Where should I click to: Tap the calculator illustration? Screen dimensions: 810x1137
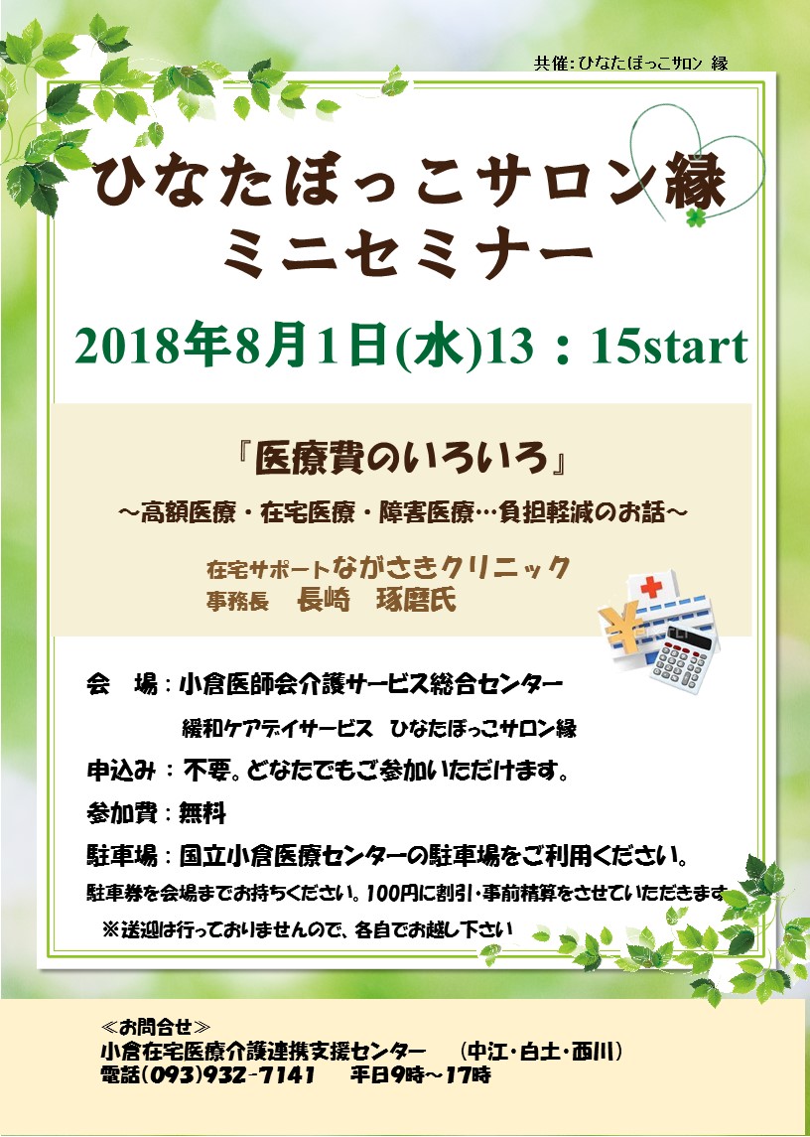tap(681, 658)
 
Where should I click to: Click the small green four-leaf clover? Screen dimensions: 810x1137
tap(696, 216)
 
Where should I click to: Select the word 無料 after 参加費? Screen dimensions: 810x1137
tap(203, 813)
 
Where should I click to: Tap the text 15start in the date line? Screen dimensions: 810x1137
tap(669, 347)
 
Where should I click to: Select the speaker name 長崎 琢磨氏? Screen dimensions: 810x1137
tap(377, 600)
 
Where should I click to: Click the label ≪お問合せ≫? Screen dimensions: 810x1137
tap(157, 1027)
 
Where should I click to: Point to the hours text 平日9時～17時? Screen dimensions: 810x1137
tap(421, 1074)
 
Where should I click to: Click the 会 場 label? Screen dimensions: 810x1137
tap(122, 684)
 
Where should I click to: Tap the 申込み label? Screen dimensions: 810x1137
tap(121, 771)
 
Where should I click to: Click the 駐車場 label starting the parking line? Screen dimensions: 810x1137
tap(122, 856)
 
